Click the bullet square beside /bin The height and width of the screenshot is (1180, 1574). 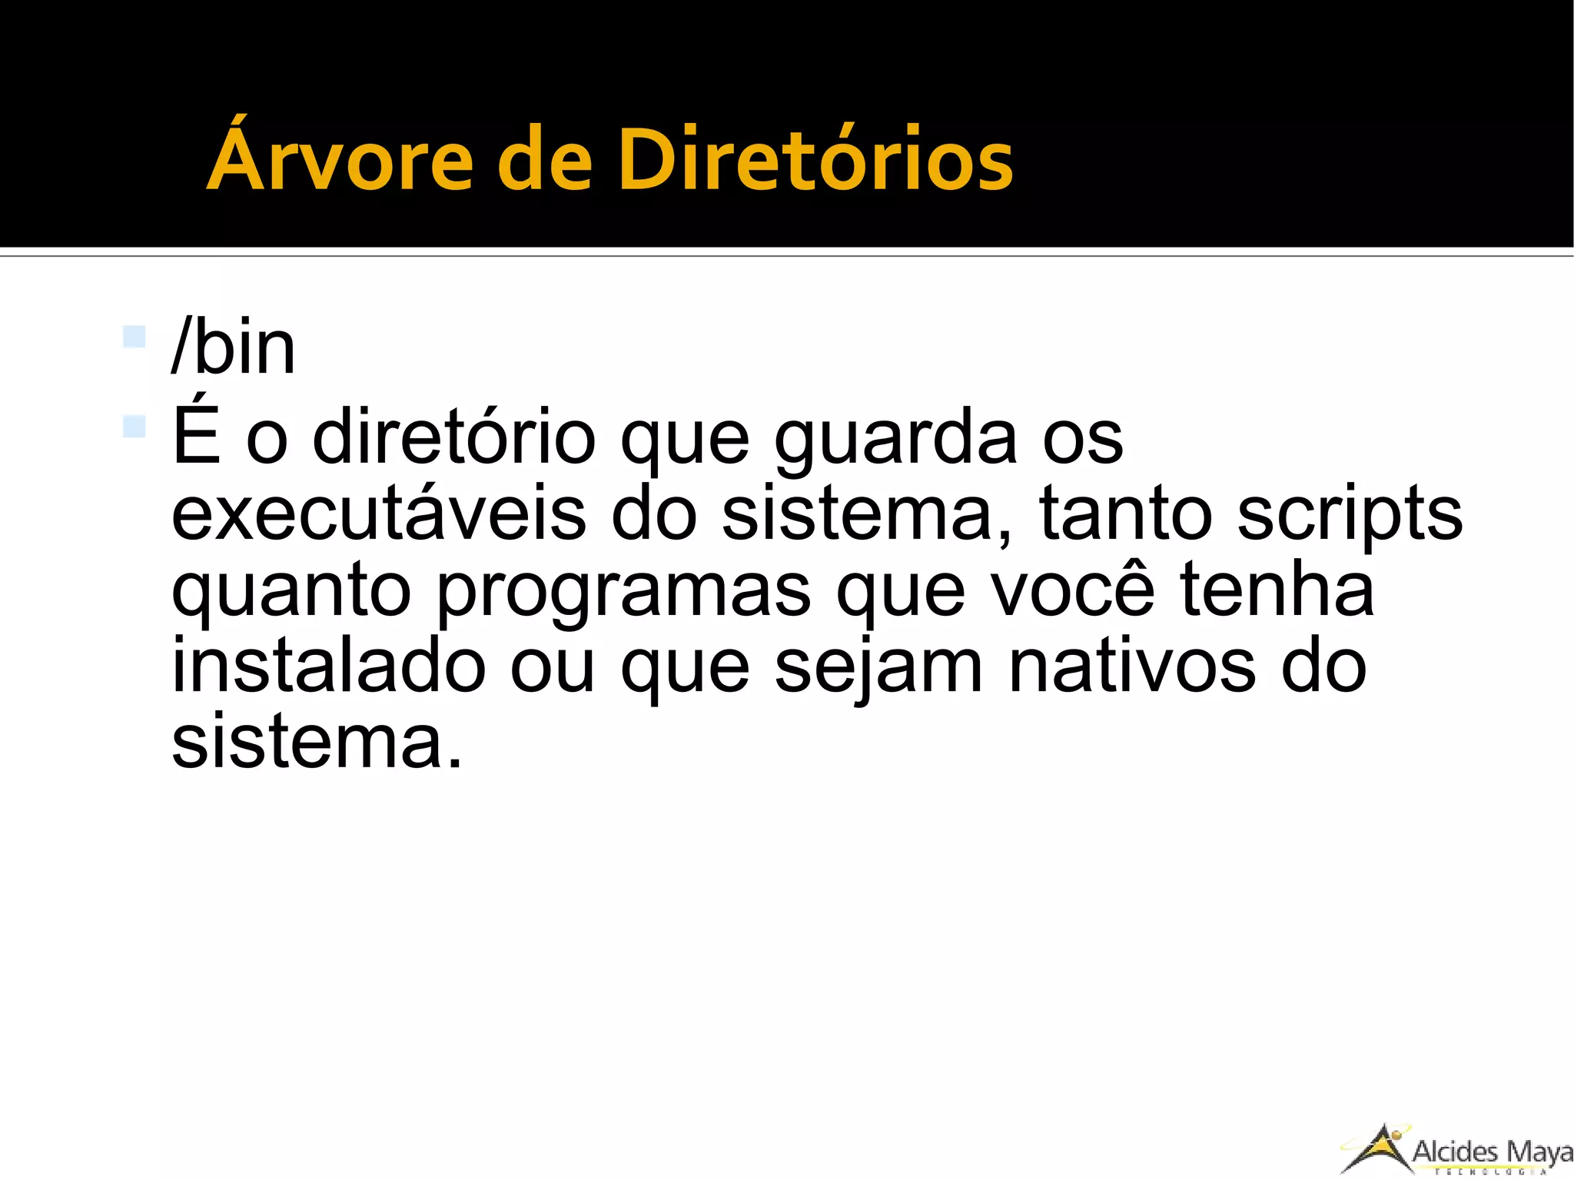click(134, 337)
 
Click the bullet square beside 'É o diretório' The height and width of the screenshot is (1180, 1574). click(134, 426)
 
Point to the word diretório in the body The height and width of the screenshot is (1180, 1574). click(454, 437)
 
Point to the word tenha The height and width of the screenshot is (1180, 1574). click(1277, 588)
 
